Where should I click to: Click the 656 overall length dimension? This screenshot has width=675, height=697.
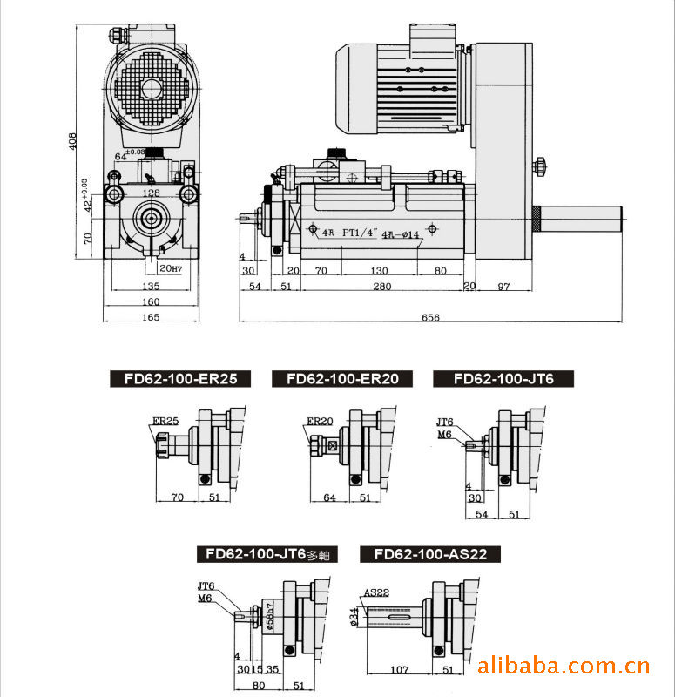(430, 317)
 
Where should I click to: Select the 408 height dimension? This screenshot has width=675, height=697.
(74, 140)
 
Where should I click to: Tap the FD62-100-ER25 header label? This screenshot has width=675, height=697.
(180, 379)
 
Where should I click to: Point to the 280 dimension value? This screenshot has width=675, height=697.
(379, 286)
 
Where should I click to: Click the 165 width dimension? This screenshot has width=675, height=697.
(151, 317)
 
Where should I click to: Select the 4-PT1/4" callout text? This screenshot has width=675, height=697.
(347, 233)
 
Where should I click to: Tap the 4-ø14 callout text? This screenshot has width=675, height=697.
(401, 234)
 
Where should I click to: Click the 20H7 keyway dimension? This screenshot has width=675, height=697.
(170, 268)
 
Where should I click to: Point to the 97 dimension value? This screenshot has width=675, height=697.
(504, 286)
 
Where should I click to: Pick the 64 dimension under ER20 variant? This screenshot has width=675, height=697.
(330, 497)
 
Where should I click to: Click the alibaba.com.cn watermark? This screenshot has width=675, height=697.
(564, 667)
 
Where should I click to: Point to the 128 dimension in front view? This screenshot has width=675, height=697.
(151, 193)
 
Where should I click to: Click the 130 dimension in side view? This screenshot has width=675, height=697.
(379, 271)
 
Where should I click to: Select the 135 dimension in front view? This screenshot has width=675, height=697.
(151, 286)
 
